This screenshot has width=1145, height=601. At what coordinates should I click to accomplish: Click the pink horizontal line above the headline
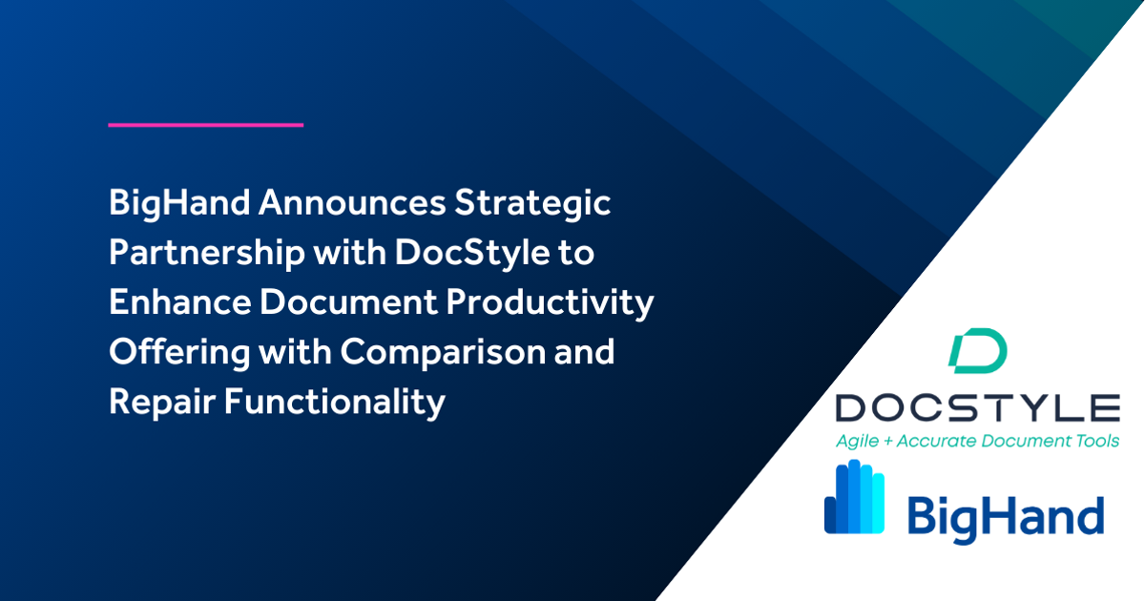[x=205, y=124]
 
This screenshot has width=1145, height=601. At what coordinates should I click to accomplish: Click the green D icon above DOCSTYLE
[x=977, y=350]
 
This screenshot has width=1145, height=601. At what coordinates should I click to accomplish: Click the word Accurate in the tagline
[x=944, y=441]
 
